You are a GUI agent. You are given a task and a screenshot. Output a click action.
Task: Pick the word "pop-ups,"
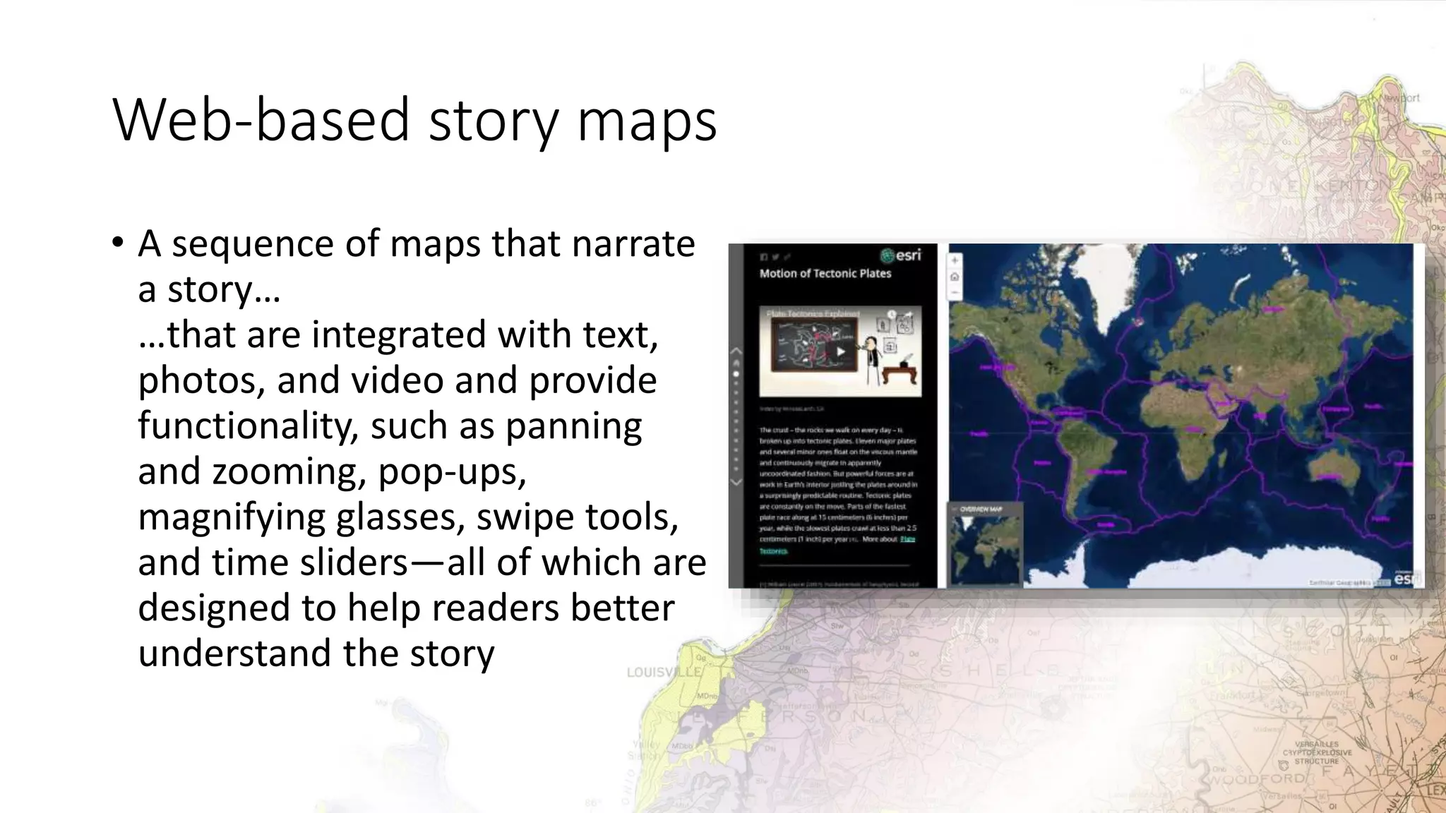coord(452,471)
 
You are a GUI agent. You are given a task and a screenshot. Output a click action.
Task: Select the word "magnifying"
coord(231,517)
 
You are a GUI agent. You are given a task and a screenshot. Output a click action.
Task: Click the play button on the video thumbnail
coord(840,351)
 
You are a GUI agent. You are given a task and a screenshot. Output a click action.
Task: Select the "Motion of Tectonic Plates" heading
coord(825,274)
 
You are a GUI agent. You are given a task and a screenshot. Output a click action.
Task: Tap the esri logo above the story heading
coord(901,255)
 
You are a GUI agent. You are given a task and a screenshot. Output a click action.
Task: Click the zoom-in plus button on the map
coord(955,260)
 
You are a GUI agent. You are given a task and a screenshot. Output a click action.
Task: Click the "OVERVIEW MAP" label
coord(981,509)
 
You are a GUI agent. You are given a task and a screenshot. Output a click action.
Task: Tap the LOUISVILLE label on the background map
coord(664,673)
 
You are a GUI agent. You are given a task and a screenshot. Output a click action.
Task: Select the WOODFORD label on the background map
coord(1257,778)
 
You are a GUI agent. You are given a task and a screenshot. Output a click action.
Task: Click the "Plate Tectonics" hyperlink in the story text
coord(907,539)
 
